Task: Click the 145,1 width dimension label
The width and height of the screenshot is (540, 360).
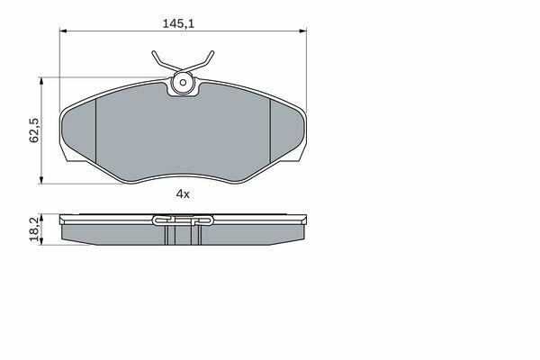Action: pyautogui.click(x=178, y=23)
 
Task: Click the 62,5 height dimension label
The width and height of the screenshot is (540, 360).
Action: pyautogui.click(x=34, y=130)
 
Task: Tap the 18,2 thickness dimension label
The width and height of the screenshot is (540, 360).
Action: pyautogui.click(x=34, y=229)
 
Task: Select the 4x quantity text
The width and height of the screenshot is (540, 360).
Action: pyautogui.click(x=183, y=194)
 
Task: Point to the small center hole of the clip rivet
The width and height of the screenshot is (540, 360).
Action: pyautogui.click(x=183, y=82)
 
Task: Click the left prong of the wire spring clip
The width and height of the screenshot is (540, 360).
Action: pyautogui.click(x=163, y=62)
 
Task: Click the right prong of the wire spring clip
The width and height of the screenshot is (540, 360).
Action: pyautogui.click(x=203, y=62)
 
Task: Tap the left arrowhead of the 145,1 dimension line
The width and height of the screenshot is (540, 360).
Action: pyautogui.click(x=63, y=31)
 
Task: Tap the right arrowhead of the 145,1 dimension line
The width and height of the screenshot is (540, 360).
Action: pyautogui.click(x=303, y=31)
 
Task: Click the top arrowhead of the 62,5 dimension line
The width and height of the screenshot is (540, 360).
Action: pyautogui.click(x=41, y=81)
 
